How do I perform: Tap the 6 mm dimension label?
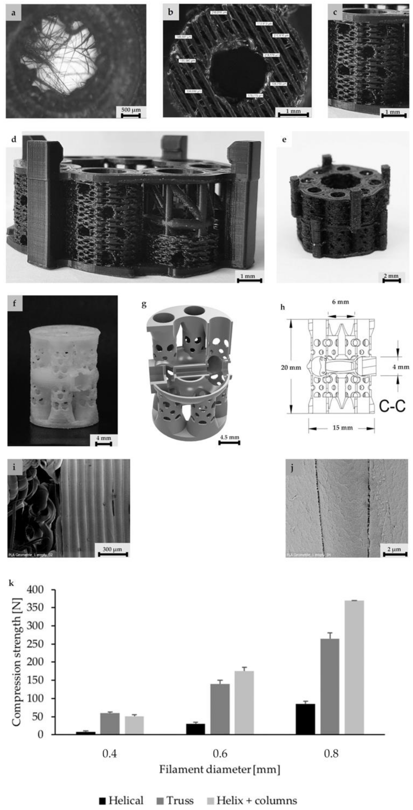pyautogui.click(x=341, y=302)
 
